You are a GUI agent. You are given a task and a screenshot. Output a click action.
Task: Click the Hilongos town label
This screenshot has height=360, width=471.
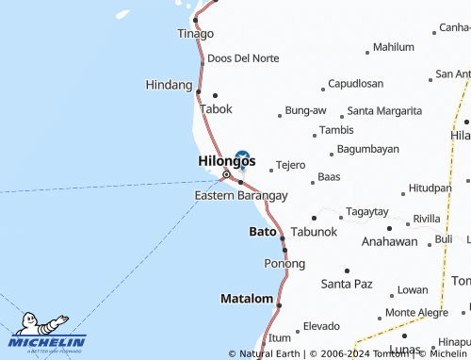(226, 161)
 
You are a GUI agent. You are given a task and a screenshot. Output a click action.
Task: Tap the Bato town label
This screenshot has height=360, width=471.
(263, 231)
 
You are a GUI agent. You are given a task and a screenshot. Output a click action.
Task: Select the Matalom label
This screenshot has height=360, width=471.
(246, 299)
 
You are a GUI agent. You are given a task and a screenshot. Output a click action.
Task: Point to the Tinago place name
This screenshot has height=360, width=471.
(196, 33)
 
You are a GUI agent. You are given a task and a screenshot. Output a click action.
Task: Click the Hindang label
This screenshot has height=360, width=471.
(170, 85)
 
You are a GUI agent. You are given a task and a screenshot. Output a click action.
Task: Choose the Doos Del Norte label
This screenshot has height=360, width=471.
(243, 58)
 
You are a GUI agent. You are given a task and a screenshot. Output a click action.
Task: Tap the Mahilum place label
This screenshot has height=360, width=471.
(394, 46)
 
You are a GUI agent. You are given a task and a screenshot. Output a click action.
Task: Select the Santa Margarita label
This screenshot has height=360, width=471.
(384, 110)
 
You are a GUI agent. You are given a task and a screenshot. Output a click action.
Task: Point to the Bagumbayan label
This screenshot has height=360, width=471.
(368, 149)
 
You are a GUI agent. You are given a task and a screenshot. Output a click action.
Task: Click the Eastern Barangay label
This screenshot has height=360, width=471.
(241, 195)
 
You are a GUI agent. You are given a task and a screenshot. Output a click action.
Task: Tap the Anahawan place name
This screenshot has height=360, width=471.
(390, 241)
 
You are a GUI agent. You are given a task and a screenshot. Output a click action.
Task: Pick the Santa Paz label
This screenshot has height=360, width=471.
(348, 283)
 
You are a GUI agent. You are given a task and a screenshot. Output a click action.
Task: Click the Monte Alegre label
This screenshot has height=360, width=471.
(417, 312)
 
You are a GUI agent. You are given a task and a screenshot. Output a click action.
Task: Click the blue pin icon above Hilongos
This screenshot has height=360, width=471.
(242, 158)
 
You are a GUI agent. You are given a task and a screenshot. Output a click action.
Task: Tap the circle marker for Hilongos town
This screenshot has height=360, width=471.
(226, 175)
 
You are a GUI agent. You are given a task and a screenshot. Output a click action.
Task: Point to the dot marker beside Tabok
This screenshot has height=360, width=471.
(216, 94)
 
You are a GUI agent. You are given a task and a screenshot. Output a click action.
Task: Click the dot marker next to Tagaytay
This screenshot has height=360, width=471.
(314, 218)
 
